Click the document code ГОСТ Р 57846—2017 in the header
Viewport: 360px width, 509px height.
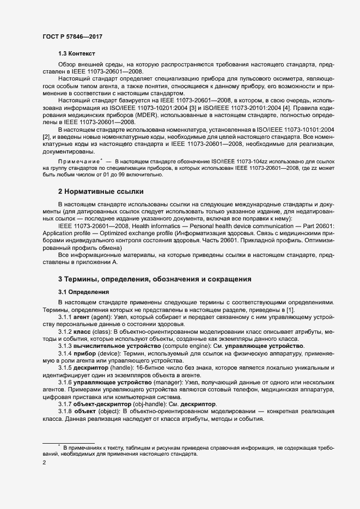click(x=72, y=37)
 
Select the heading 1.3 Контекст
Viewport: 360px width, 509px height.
click(x=77, y=54)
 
